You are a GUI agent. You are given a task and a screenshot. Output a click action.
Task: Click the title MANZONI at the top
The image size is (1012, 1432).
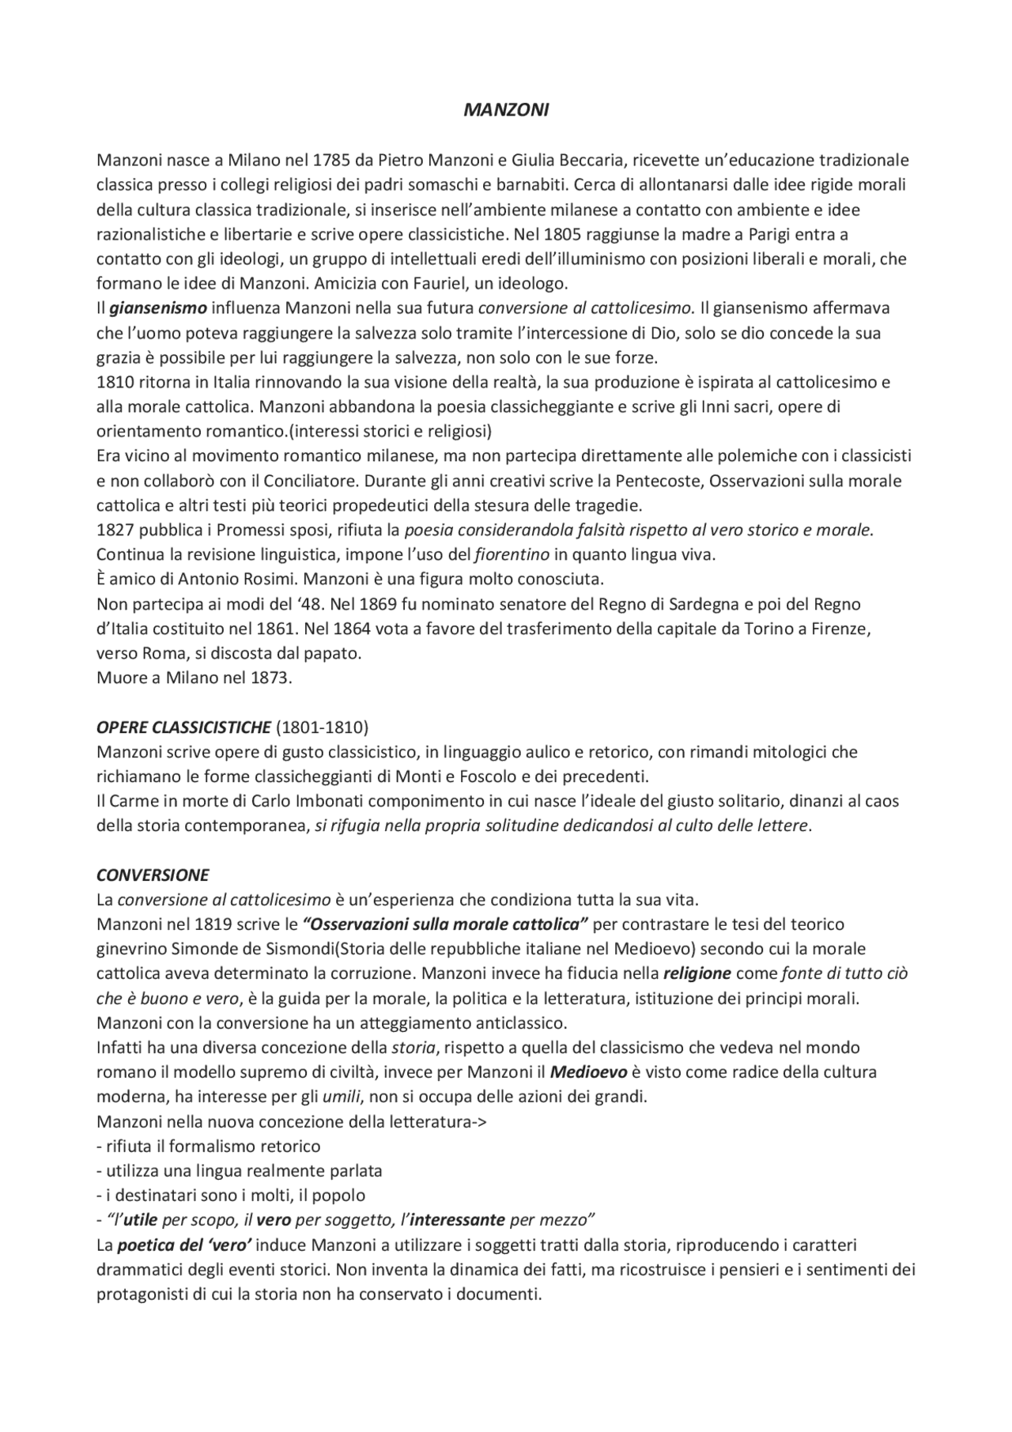[x=505, y=111]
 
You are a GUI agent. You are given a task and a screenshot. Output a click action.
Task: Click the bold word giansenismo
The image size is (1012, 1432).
[x=157, y=308]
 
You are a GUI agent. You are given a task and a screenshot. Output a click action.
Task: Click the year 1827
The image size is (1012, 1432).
[x=115, y=530]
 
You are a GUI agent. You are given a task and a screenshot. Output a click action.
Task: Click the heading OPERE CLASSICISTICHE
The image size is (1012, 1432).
[x=183, y=727]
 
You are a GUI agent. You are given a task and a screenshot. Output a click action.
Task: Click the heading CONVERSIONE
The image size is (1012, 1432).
[x=153, y=875]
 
